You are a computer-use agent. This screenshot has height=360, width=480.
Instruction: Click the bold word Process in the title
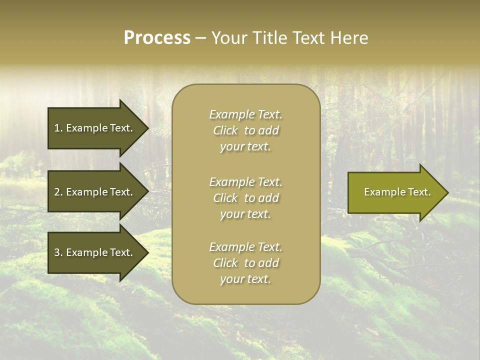coord(157,38)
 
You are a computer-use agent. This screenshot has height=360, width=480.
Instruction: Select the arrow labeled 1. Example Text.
coord(95,128)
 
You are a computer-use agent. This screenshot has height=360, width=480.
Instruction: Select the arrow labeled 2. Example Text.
coord(95,192)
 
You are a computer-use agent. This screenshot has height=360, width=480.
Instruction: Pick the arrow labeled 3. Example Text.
coord(95,252)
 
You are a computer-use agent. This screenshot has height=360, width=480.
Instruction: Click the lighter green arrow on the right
coord(395,192)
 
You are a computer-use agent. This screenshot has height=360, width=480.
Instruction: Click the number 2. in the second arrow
coord(58,192)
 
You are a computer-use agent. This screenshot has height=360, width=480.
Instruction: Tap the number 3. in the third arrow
coord(58,252)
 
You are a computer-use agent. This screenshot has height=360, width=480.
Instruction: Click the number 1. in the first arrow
coord(58,128)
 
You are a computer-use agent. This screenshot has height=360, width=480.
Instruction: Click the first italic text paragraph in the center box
coord(245,130)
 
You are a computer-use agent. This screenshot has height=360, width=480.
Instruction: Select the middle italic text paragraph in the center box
coord(245,198)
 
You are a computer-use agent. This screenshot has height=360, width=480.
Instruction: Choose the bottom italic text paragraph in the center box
coord(245,263)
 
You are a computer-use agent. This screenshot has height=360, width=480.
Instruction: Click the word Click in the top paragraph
coord(225,130)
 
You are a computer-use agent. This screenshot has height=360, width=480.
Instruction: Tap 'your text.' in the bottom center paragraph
coord(245,279)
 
